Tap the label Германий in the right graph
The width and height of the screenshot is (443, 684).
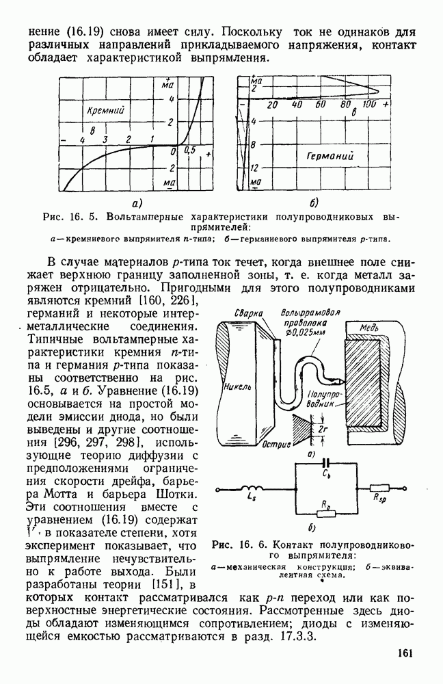(330, 156)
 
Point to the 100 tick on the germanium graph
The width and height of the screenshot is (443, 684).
(369, 105)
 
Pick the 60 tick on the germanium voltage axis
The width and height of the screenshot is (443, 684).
(321, 105)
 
